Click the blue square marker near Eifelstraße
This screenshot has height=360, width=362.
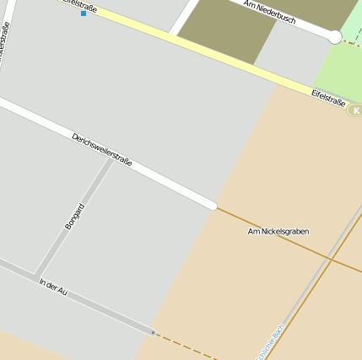83,13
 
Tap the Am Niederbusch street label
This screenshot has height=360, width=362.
269,11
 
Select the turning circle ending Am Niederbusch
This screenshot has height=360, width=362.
335,37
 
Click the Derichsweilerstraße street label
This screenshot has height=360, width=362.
102,150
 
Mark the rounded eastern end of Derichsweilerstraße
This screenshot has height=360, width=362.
213,205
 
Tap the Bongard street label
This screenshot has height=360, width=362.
74,217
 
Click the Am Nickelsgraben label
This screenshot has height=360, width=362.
278,231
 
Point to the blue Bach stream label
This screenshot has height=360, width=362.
268,340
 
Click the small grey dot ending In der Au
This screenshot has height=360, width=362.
153,332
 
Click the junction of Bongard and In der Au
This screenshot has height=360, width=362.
36,277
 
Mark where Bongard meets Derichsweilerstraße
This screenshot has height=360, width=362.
111,158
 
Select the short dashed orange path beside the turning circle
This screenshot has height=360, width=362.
351,42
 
